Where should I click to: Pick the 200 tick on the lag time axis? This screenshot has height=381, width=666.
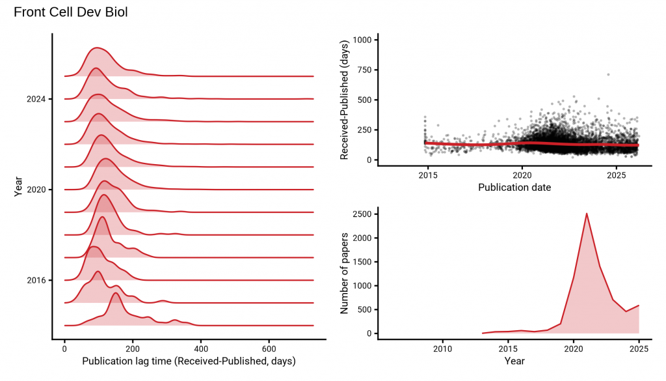[133, 349]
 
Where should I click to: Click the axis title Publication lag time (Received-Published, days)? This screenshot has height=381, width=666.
[189, 361]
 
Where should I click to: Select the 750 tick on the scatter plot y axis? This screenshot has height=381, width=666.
[362, 70]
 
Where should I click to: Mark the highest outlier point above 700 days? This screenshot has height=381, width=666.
[608, 74]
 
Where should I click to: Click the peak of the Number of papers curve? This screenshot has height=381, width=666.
[587, 213]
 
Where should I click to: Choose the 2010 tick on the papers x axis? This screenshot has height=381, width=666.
[442, 349]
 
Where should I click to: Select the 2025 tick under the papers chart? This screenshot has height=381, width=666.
[639, 349]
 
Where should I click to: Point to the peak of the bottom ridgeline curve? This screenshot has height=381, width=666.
[116, 294]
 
